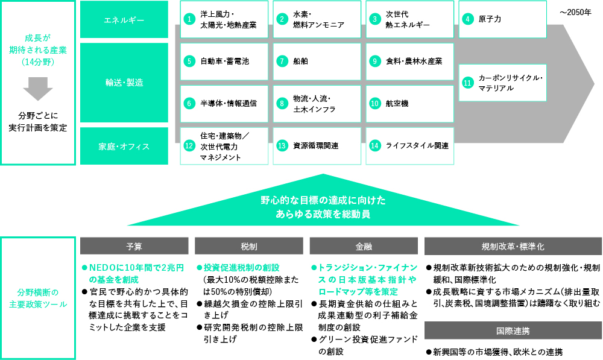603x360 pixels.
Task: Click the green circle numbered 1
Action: click(189, 19)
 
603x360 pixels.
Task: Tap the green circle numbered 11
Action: click(468, 83)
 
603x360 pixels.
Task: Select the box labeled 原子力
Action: click(503, 19)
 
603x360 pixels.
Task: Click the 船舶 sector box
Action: click(317, 62)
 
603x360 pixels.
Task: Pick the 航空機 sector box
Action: click(409, 104)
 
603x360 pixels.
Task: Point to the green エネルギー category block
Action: click(124, 19)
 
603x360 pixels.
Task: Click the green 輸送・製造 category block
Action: click(124, 83)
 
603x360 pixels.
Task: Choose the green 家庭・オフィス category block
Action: click(124, 146)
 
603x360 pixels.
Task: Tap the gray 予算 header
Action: click(134, 246)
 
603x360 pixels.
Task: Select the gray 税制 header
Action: click(249, 246)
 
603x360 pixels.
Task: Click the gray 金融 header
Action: click(364, 246)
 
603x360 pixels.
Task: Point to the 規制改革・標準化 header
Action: click(513, 246)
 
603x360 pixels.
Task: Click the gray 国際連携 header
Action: click(513, 331)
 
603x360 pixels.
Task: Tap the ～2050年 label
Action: click(576, 13)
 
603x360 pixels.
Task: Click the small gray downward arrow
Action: click(37, 89)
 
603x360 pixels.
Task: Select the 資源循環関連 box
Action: click(317, 146)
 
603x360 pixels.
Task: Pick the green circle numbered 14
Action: click(374, 146)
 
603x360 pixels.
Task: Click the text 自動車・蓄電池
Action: click(224, 61)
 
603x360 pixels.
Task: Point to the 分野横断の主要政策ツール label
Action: click(37, 298)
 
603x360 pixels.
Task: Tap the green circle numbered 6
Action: click(189, 104)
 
